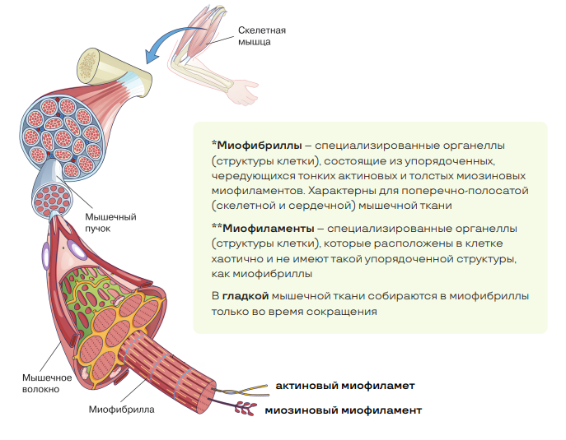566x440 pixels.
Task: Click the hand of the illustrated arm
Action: [x=245, y=95]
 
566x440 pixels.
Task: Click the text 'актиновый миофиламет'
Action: [x=344, y=385]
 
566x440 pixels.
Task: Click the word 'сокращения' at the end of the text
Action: [x=348, y=312]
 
